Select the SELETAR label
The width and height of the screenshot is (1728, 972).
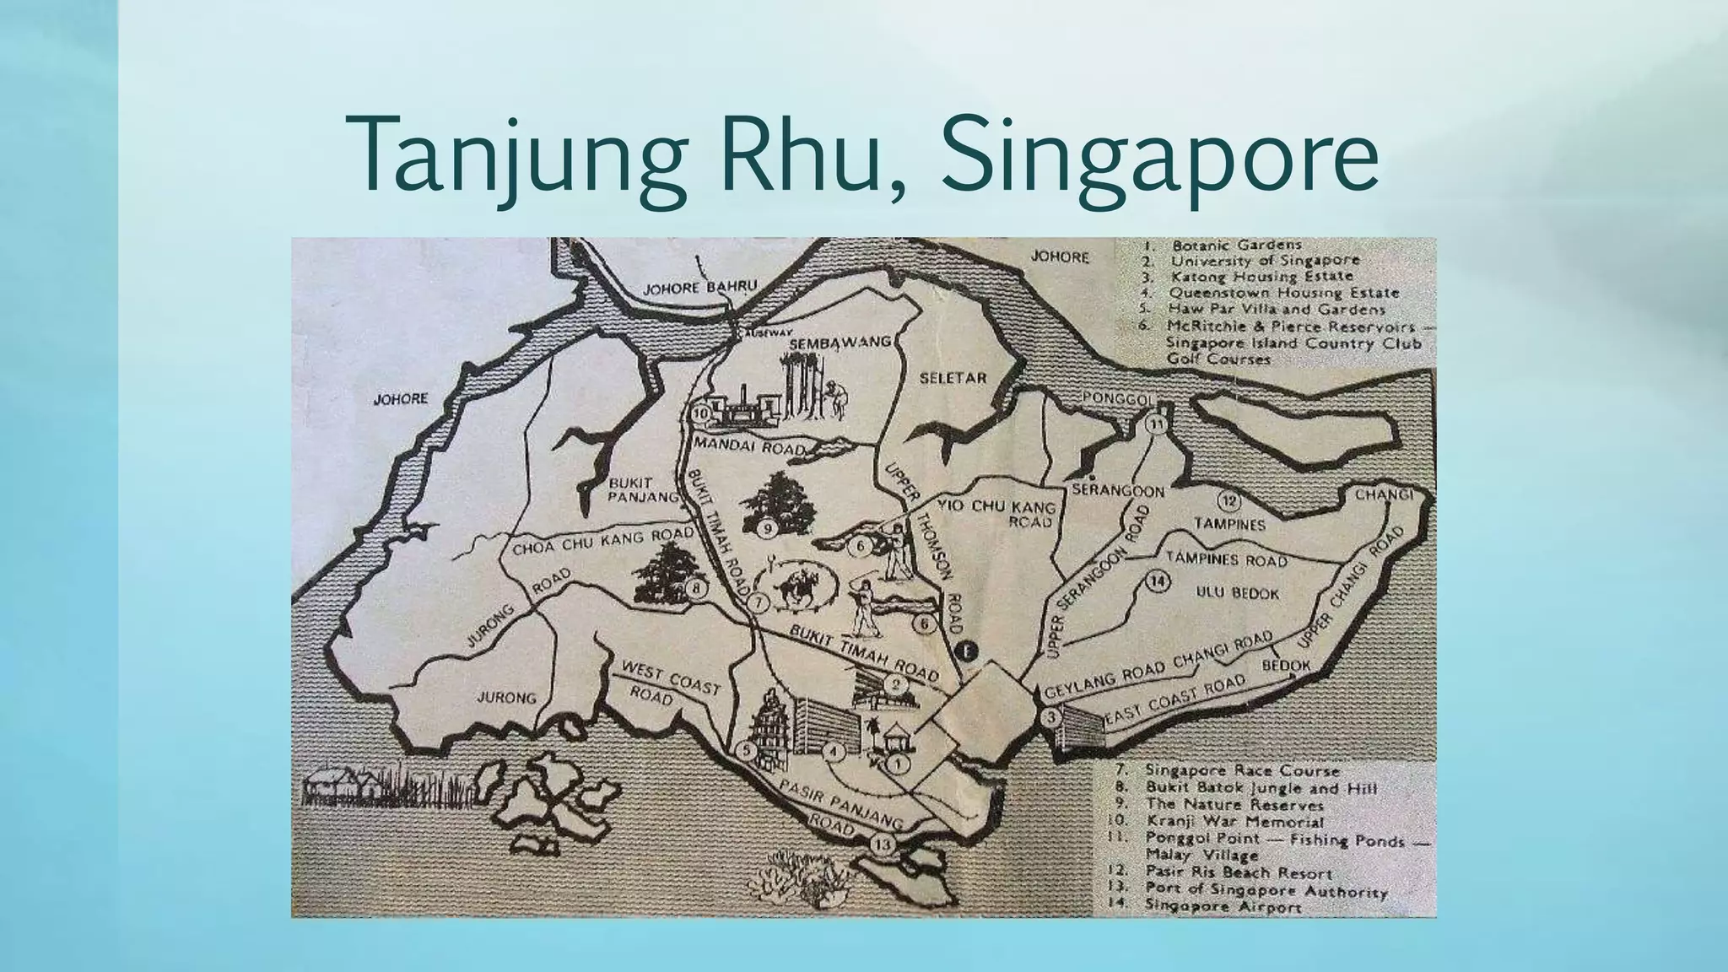[953, 378]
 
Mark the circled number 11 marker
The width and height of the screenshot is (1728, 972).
[1156, 424]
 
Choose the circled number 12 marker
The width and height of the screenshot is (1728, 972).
[1229, 501]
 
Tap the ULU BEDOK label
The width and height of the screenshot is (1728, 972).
[1237, 593]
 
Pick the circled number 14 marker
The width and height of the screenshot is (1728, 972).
[1158, 581]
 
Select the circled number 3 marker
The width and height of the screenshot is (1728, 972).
[1050, 718]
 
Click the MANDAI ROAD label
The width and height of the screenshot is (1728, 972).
[747, 445]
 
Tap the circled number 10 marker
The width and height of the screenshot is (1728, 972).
[701, 413]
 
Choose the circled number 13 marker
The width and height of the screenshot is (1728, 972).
[883, 845]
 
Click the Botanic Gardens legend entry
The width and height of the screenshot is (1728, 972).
[1236, 246]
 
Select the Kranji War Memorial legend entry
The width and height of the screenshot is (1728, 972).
[1234, 821]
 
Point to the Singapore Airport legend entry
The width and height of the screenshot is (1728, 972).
[1223, 906]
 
